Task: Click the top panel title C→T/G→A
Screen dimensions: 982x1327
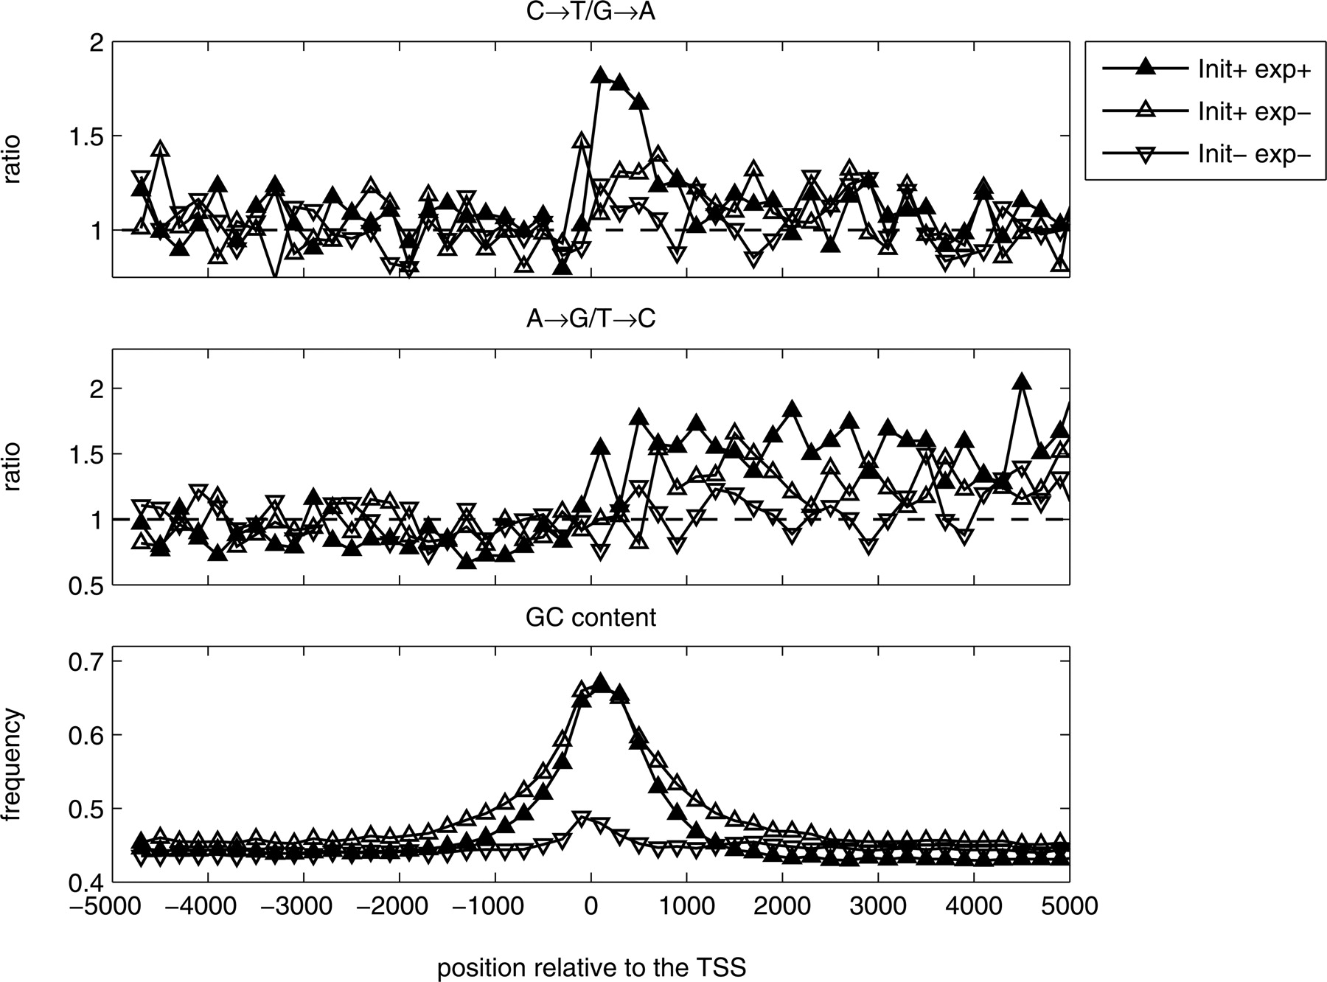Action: (591, 13)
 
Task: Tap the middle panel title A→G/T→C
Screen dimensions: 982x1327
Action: (591, 319)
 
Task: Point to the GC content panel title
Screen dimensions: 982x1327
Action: (591, 617)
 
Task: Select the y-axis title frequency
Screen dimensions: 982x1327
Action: (13, 764)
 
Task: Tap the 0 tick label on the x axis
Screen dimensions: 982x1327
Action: (591, 905)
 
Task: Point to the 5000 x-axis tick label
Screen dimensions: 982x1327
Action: (1069, 905)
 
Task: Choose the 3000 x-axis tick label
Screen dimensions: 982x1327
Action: (877, 905)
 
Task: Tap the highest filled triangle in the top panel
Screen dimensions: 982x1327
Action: (600, 76)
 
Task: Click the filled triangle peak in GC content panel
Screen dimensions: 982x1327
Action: (600, 682)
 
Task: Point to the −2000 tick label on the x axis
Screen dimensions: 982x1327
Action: (399, 905)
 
